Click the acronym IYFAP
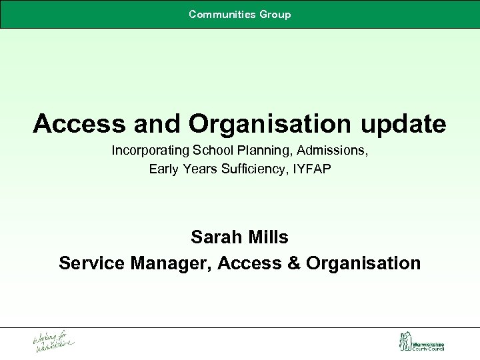tap(311, 169)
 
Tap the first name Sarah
tap(213, 237)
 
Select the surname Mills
tap(268, 237)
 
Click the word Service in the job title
tap(90, 263)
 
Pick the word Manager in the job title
tap(172, 263)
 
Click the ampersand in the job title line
tap(293, 263)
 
